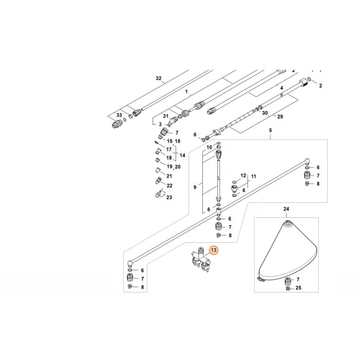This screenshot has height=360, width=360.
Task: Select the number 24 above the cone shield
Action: pos(285,209)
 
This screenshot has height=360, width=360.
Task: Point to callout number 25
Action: pos(298,287)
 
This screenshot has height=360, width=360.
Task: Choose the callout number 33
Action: pos(118,115)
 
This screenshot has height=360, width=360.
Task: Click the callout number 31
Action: pos(158,117)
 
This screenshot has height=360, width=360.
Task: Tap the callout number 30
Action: pos(265,113)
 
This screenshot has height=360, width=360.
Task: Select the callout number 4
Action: pos(281,87)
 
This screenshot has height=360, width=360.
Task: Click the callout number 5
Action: pos(270,130)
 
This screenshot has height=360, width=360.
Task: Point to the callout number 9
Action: pos(193,187)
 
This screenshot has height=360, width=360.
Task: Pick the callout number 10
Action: pos(209,148)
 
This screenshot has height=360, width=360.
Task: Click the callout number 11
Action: pos(255,177)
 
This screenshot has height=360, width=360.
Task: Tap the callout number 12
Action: pos(243,175)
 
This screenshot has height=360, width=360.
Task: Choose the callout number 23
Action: pos(169,197)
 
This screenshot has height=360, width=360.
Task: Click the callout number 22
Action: pos(169,186)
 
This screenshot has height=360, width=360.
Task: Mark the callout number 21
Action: pos(169,177)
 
